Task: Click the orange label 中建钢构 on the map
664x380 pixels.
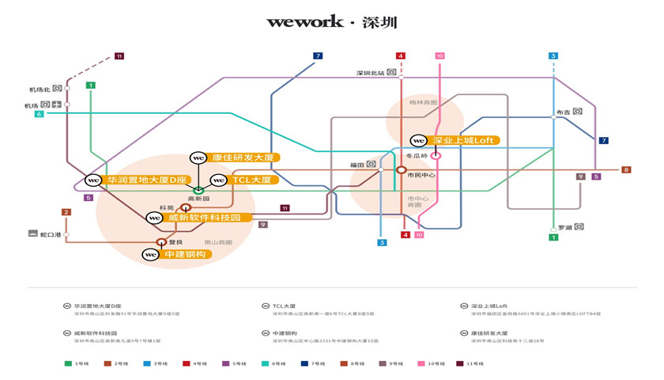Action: (185, 254)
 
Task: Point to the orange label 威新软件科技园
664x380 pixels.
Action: (208, 217)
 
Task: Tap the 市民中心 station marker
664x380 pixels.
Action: (402, 169)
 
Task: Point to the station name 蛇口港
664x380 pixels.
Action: (49, 234)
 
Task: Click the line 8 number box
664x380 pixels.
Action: (626, 170)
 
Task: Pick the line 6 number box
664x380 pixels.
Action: (38, 115)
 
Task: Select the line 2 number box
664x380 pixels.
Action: (66, 212)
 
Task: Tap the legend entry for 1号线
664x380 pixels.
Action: (78, 363)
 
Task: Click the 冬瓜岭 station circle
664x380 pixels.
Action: (436, 155)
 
